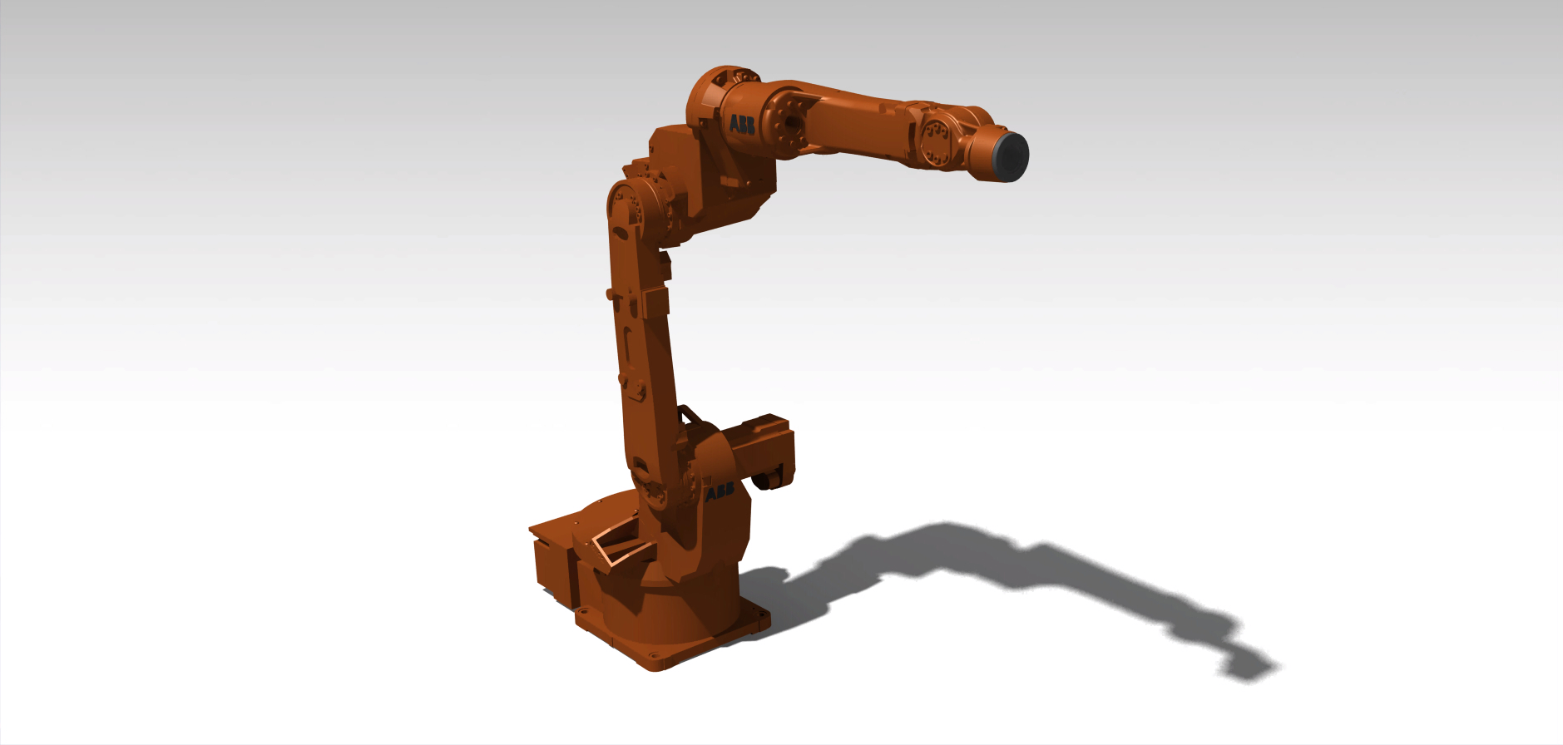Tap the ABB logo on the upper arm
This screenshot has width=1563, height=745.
742,126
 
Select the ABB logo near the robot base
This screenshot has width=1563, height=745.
720,492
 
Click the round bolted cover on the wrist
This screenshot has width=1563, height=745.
937,141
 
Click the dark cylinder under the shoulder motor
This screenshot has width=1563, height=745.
769,481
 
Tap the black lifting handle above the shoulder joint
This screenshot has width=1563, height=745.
689,413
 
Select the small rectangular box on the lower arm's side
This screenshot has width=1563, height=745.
655,301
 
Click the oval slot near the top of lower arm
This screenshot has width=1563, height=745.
620,227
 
